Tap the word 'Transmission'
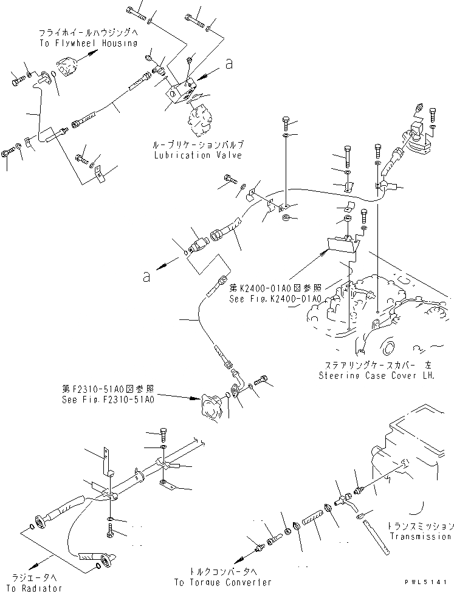click(x=421, y=536)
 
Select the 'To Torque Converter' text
click(x=222, y=582)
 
